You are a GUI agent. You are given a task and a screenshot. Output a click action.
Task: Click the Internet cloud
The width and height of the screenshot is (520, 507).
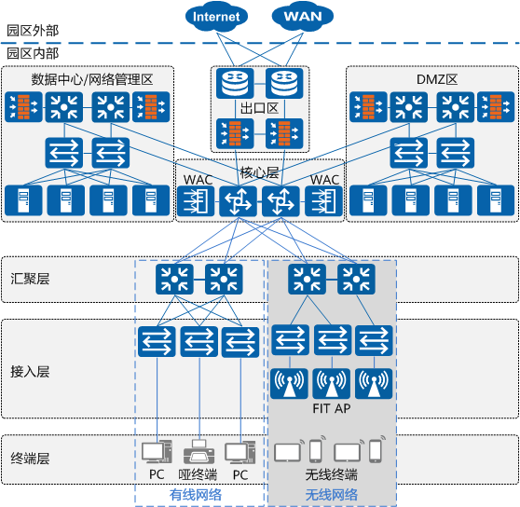click(x=216, y=17)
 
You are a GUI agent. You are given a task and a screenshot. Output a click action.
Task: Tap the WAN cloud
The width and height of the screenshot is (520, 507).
click(x=303, y=16)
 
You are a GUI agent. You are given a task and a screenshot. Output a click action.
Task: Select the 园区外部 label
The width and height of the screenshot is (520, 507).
click(x=33, y=31)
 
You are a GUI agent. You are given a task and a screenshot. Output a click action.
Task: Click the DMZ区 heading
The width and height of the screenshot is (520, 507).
click(x=437, y=79)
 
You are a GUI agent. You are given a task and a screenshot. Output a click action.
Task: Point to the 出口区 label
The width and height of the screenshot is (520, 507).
click(x=259, y=108)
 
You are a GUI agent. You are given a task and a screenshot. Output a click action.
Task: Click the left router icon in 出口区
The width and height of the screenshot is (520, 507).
click(x=235, y=83)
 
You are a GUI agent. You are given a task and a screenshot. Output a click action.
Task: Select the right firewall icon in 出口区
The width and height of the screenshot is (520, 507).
click(x=284, y=133)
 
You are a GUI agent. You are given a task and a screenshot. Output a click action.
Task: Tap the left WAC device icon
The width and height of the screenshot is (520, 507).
click(x=196, y=201)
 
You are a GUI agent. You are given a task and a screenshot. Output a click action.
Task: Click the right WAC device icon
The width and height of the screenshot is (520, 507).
click(x=323, y=201)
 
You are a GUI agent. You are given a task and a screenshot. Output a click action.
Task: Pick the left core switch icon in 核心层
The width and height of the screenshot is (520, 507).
click(x=239, y=201)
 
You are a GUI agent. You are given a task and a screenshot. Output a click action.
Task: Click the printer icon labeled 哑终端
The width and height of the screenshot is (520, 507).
click(x=199, y=452)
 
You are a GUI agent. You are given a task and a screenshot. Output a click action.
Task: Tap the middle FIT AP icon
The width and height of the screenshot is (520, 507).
click(x=332, y=384)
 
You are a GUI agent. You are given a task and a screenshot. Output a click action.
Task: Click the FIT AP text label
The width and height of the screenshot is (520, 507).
click(x=332, y=408)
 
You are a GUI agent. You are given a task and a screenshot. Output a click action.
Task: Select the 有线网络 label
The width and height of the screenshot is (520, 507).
click(x=196, y=495)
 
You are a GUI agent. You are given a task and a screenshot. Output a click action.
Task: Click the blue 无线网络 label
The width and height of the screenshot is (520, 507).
click(x=332, y=495)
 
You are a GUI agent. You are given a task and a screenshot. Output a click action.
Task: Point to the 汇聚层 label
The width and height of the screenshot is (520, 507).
click(x=30, y=279)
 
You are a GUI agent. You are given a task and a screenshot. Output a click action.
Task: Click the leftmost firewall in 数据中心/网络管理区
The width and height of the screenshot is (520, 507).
click(x=23, y=107)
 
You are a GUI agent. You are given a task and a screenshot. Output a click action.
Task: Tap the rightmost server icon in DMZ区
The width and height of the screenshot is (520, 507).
click(x=496, y=200)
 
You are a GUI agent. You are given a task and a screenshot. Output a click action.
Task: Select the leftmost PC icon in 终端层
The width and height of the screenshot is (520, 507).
click(x=157, y=452)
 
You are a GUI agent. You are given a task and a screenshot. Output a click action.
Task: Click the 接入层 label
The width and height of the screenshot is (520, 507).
click(x=30, y=372)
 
